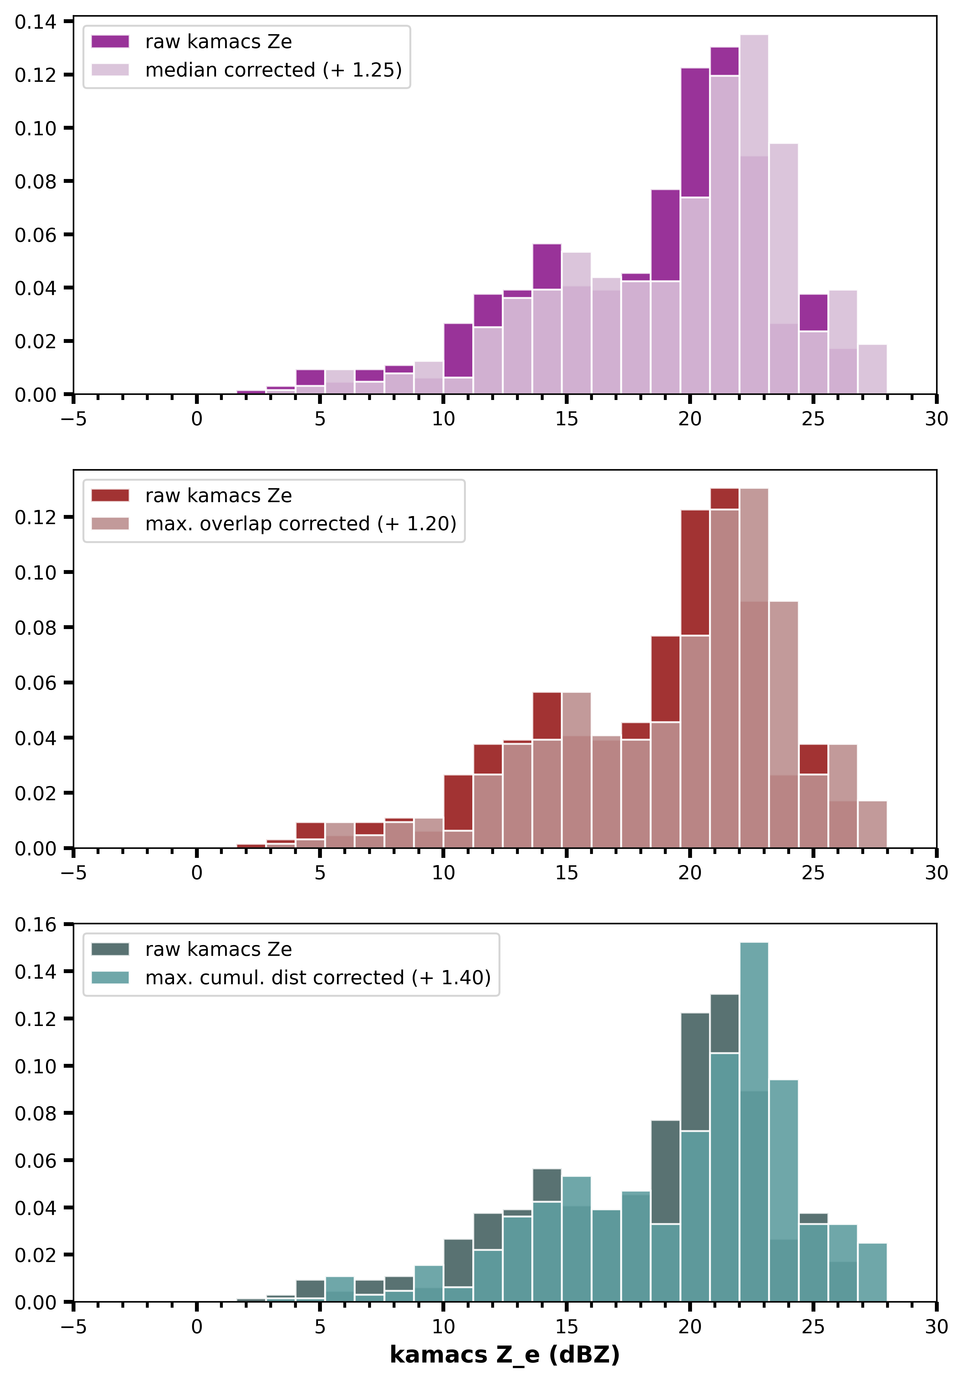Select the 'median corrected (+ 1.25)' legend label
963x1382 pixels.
[273, 70]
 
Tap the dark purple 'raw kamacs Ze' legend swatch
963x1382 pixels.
[110, 41]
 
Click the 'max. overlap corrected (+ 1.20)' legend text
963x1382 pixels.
[300, 524]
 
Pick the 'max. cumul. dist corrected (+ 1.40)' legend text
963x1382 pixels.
[318, 978]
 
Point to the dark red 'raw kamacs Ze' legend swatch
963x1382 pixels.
[110, 495]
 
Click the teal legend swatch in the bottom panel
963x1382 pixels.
[110, 978]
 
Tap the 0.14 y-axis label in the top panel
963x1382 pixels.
[35, 22]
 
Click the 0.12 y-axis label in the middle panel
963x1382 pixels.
[35, 517]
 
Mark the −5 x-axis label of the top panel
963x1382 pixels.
[74, 419]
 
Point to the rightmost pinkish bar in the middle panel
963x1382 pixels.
[872, 825]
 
